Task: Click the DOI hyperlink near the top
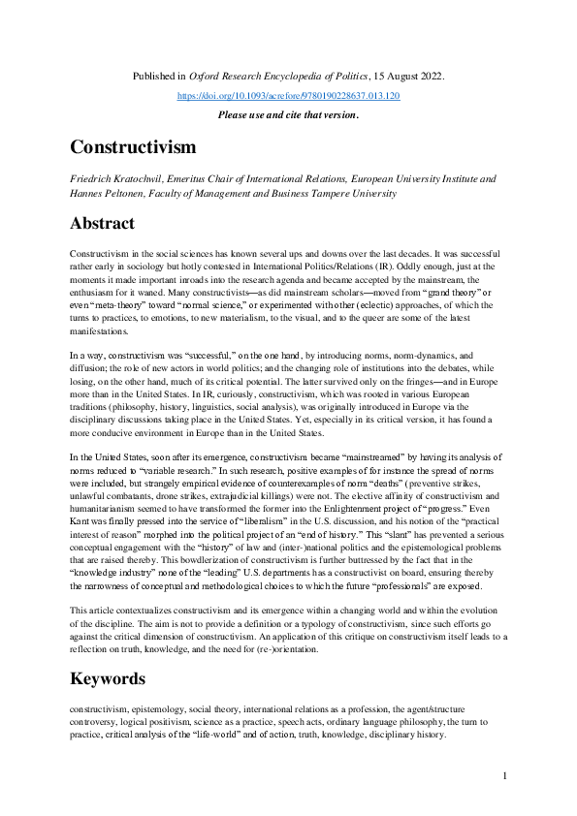coord(288,96)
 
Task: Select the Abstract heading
coord(102,223)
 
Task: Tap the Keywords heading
coord(107,677)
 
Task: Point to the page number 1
coord(505,776)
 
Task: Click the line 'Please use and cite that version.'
coord(288,114)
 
